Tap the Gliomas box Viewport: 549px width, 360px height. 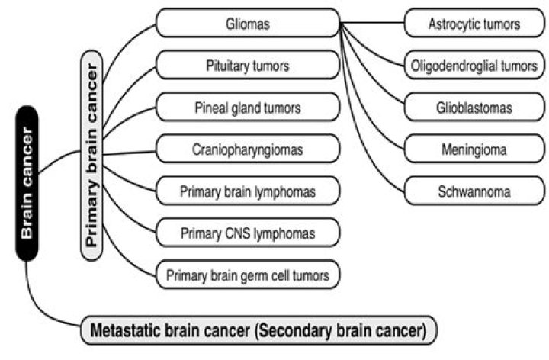click(248, 24)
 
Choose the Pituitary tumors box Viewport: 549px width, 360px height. click(248, 66)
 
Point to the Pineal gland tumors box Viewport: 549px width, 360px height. click(248, 108)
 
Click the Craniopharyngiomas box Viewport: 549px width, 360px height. click(248, 149)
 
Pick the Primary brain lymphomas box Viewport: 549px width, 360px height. click(248, 190)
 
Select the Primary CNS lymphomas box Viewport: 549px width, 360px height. click(248, 231)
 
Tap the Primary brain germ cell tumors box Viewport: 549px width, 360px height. click(248, 273)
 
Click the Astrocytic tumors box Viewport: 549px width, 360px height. click(474, 24)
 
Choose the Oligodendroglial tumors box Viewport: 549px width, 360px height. click(474, 66)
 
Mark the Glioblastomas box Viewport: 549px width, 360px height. click(474, 108)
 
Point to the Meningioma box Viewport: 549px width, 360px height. click(474, 149)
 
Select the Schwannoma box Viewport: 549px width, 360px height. click(474, 190)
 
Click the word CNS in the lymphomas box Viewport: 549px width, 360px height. click(240, 231)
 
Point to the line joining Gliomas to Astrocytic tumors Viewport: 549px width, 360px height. click(372, 23)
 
